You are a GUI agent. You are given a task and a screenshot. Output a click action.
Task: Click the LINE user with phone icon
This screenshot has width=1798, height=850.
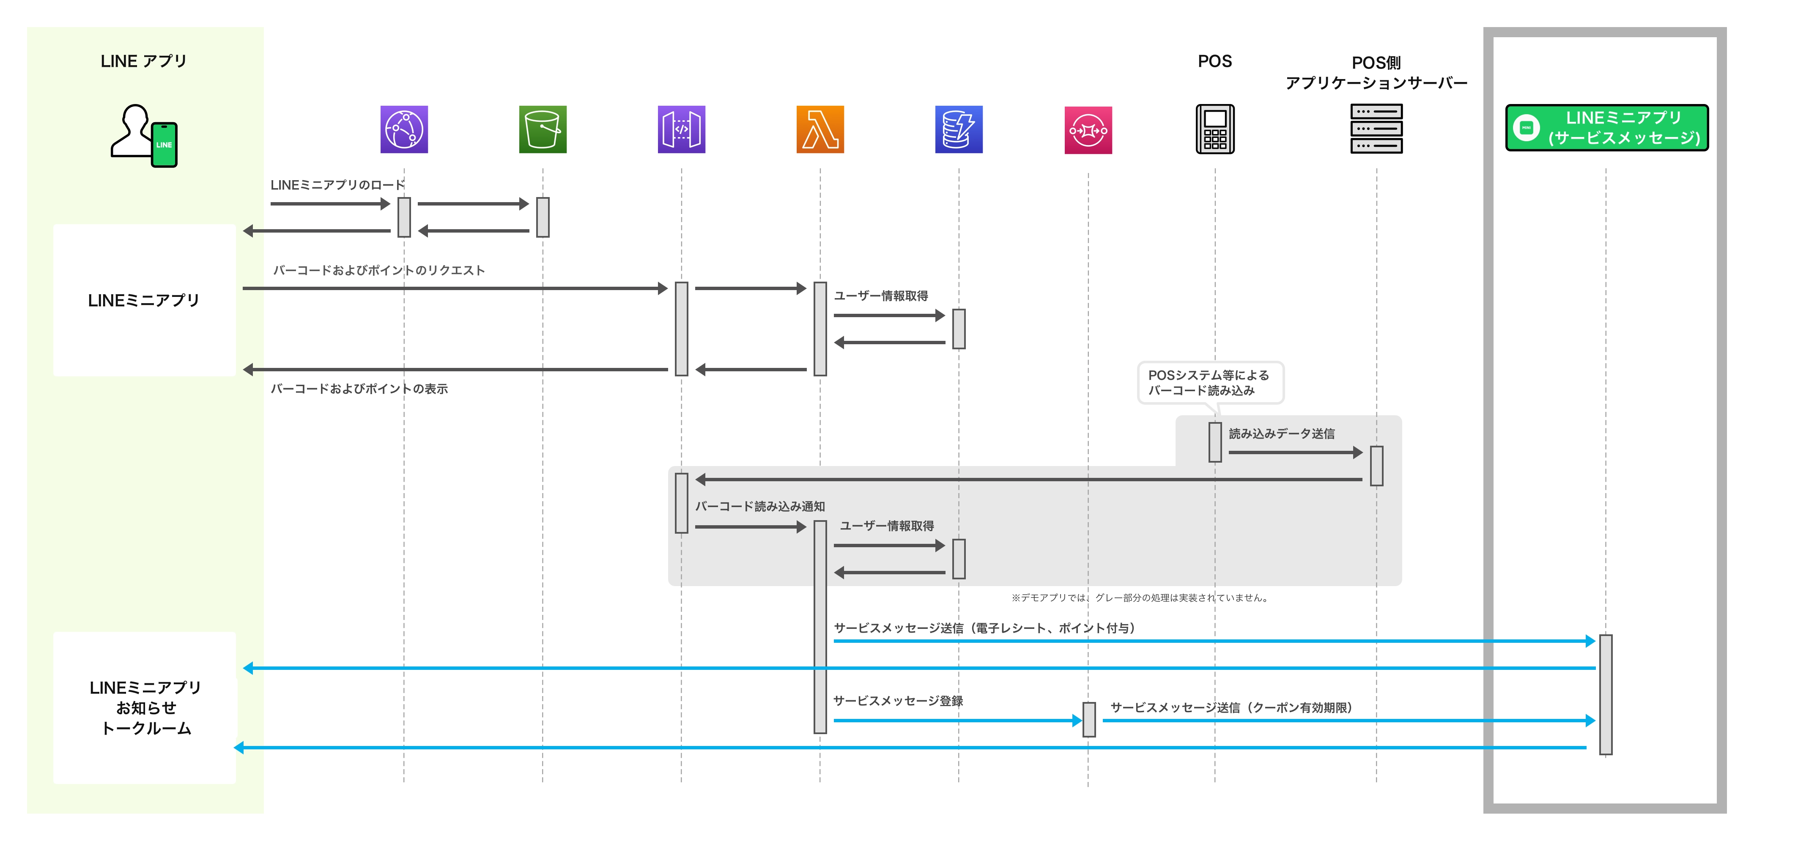(x=145, y=136)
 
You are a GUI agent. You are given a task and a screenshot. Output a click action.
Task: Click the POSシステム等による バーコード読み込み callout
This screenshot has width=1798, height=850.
(x=1210, y=382)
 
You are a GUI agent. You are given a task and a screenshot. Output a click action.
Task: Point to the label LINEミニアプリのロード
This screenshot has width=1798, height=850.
(x=337, y=185)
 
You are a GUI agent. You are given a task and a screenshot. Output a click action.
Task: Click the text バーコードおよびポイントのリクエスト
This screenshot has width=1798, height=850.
(x=378, y=270)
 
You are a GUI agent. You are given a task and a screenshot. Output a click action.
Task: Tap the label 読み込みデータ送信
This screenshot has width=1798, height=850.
(x=1282, y=433)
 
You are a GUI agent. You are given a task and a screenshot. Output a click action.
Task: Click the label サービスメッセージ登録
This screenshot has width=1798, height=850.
(x=898, y=701)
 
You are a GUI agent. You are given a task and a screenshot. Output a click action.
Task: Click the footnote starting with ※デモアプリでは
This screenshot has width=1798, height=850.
(x=1140, y=598)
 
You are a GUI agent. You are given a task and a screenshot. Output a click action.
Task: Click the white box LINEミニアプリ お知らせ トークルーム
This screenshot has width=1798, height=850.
(x=145, y=707)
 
